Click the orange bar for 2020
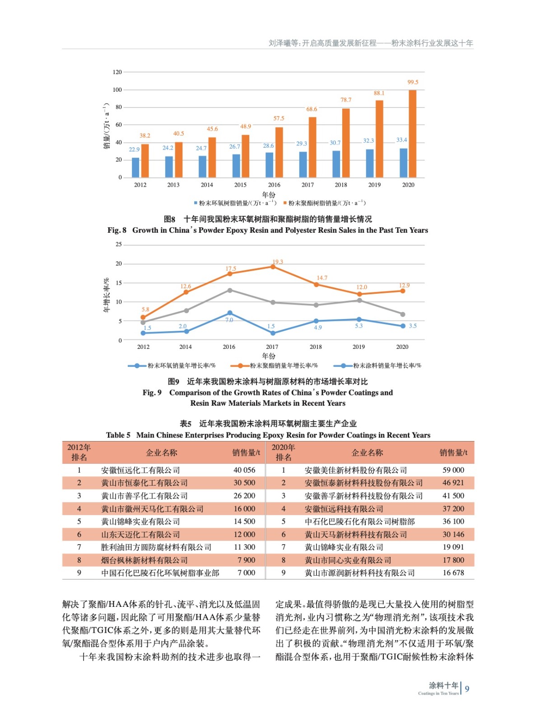[x=412, y=134]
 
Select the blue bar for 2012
[x=135, y=167]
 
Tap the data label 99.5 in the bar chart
[x=413, y=82]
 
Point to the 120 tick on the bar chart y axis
[x=117, y=72]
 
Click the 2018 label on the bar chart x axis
[x=341, y=185]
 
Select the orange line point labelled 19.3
[x=273, y=267]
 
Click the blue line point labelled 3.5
[x=403, y=326]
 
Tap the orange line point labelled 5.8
[x=143, y=317]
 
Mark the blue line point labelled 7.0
[x=230, y=313]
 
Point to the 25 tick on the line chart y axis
[x=119, y=244]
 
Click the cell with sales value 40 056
[x=244, y=470]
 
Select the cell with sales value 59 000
[x=453, y=470]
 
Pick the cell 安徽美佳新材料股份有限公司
[x=355, y=470]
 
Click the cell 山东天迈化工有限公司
[x=140, y=535]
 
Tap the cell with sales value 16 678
[x=453, y=573]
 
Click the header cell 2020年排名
[x=283, y=452]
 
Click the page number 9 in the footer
[x=467, y=689]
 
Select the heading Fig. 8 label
[x=117, y=230]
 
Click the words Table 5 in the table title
[x=118, y=435]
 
